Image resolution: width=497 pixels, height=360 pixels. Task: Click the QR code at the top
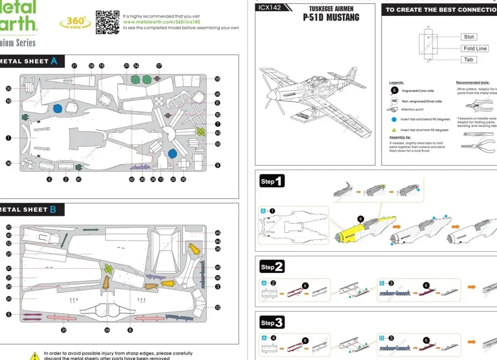pos(107,22)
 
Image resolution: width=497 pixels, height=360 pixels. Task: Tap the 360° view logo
pos(76,23)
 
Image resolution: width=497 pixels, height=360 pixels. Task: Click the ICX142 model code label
pos(270,8)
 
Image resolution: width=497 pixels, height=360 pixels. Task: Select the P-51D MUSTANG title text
pos(330,17)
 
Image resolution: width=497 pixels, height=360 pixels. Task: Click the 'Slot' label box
pos(469,37)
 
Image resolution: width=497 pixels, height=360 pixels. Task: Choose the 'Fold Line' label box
pos(474,48)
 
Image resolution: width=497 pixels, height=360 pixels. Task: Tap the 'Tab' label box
pos(468,59)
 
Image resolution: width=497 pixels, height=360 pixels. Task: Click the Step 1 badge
pos(272,182)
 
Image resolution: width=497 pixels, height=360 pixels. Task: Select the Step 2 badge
pos(272,267)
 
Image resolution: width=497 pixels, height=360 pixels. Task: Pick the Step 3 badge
pos(272,323)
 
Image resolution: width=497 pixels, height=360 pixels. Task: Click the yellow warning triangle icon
pos(34,355)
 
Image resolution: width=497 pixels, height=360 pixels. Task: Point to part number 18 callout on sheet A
pos(217,79)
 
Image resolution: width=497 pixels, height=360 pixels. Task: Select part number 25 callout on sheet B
pos(9,298)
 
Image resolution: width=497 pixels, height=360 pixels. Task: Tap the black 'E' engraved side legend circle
pos(394,91)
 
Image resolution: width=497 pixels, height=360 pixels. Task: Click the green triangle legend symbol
pos(394,130)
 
